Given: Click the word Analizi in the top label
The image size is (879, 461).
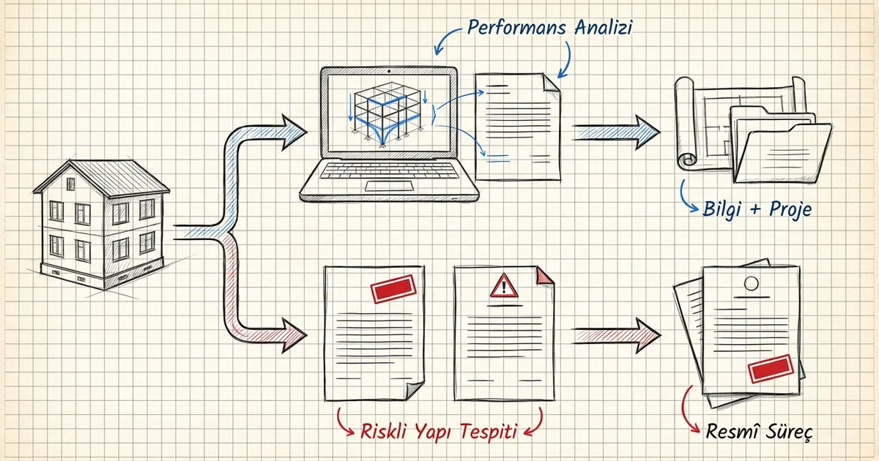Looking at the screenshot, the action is click(x=603, y=27).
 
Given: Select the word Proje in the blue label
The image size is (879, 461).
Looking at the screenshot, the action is click(x=790, y=209).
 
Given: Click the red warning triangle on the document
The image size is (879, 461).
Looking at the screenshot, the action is click(x=504, y=285).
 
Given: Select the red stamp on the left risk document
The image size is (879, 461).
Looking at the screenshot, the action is click(x=393, y=289).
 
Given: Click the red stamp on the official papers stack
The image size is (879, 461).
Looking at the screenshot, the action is click(x=771, y=369).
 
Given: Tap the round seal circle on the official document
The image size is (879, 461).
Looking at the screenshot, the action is click(x=751, y=283).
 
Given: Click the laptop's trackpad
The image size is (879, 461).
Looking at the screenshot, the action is click(x=389, y=186).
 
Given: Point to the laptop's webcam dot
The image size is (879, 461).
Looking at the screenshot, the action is click(x=388, y=72).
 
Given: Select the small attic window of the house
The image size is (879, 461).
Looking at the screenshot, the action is click(x=70, y=184).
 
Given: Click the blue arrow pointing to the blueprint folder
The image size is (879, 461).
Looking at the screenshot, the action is click(x=616, y=132).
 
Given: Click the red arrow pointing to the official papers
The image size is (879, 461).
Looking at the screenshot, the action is click(x=617, y=336).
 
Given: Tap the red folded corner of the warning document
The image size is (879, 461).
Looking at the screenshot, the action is click(x=545, y=275).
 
